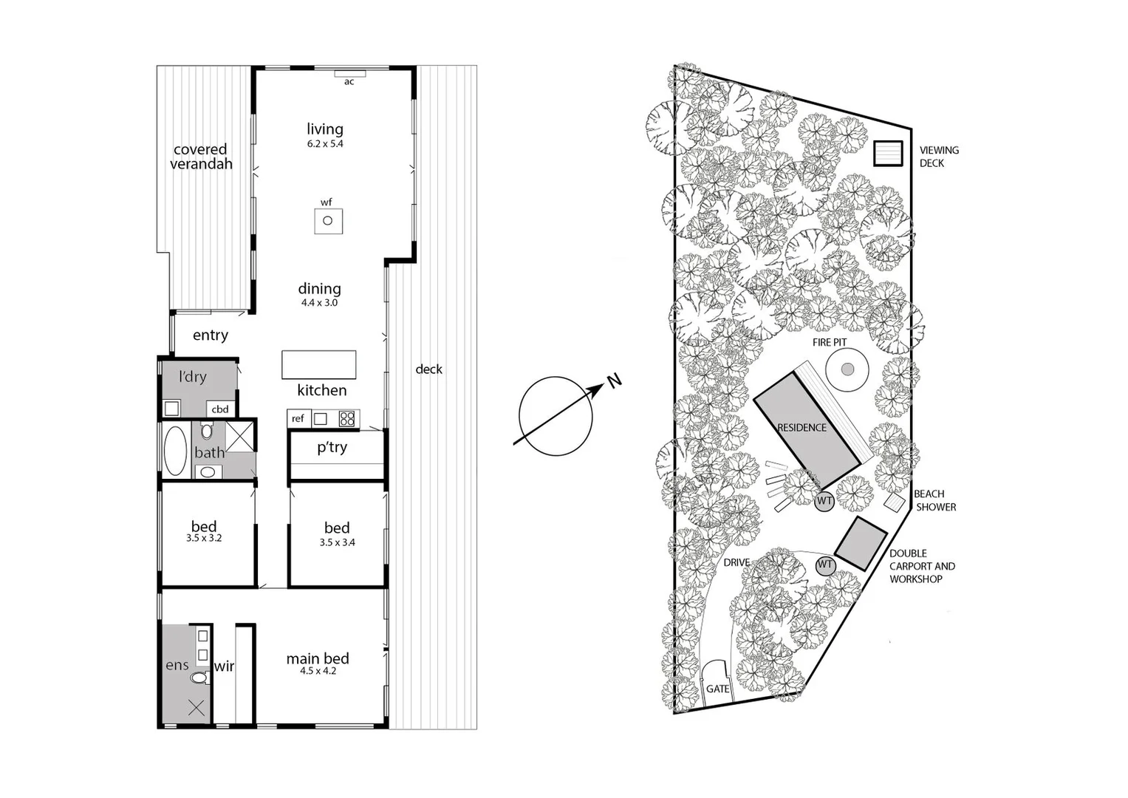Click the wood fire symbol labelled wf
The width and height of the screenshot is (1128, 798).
pos(328,221)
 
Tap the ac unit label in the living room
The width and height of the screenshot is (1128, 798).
pos(349,82)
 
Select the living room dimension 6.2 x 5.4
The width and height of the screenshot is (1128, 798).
pos(325,144)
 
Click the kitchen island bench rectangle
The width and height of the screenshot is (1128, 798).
pos(318,365)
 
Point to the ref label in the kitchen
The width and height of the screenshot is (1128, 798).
pos(298,419)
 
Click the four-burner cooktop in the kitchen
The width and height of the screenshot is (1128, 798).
pos(347,419)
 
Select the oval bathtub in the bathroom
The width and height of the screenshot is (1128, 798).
pos(175,451)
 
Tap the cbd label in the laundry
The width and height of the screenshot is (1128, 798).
pos(220,409)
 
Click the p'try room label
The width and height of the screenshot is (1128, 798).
pos(332,447)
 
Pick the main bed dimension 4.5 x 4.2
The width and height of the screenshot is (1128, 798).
pos(318,672)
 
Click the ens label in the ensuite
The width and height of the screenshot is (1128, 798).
pos(177,665)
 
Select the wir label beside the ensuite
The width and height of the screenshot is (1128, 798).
pos(224,666)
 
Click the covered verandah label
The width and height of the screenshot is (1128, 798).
pos(201,157)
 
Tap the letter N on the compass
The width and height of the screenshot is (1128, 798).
pos(614,381)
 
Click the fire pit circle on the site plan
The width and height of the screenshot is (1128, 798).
pos(847,369)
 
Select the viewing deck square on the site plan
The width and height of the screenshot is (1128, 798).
pos(888,153)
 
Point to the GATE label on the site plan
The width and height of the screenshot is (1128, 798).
pos(717,689)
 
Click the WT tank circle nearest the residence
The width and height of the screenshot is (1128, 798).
pos(824,502)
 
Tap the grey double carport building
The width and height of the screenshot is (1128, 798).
pos(861,543)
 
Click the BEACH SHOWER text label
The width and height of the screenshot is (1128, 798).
pos(935,500)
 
